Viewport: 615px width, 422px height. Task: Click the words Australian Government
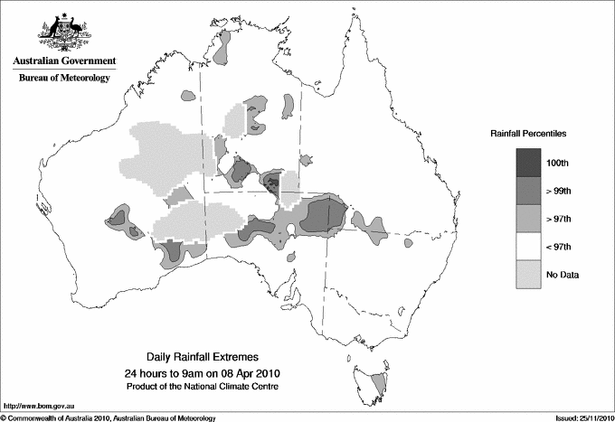(63, 61)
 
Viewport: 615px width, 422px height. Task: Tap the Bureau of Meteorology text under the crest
(63, 79)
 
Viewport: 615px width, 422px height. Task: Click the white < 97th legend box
(531, 246)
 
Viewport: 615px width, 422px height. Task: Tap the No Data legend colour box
(531, 274)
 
